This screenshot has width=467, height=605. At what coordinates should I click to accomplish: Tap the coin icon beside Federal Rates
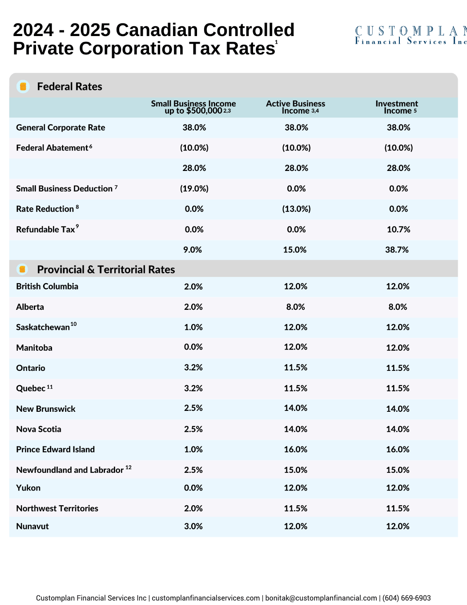tap(23, 86)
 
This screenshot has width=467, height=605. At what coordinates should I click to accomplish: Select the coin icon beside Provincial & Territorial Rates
tap(22, 269)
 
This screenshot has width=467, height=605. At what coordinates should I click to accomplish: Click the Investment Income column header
tap(397, 107)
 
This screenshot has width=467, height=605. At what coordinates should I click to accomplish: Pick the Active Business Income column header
tap(295, 107)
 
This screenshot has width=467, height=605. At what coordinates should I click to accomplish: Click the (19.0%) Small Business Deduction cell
tap(194, 189)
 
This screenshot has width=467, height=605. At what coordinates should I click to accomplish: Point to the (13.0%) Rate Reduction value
tap(296, 209)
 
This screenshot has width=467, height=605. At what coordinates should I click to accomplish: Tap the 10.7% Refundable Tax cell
tap(399, 230)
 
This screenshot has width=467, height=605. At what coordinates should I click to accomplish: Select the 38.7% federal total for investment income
tap(397, 250)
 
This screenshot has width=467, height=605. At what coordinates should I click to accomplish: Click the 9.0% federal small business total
tap(193, 250)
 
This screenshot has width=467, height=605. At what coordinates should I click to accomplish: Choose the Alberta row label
tap(30, 307)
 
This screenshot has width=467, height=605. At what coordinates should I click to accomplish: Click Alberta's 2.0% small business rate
tap(193, 307)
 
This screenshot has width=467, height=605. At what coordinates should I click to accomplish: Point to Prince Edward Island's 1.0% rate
tap(193, 450)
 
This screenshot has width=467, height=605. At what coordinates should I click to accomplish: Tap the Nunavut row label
tap(32, 526)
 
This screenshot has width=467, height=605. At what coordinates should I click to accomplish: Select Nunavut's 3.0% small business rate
tap(193, 526)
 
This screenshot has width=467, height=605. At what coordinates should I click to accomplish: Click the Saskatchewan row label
tap(43, 327)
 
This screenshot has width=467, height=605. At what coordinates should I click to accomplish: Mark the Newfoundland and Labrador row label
tap(70, 470)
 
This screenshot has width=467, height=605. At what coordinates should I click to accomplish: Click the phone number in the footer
tap(407, 598)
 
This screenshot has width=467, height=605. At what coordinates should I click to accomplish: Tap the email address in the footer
tap(321, 598)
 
